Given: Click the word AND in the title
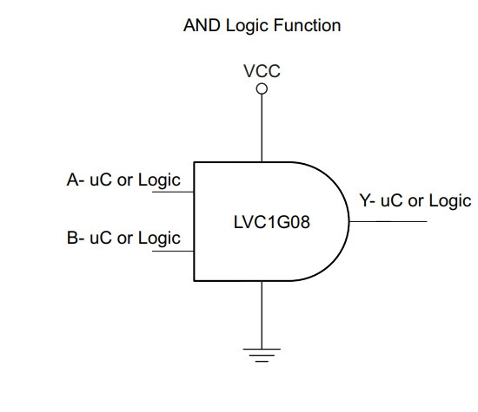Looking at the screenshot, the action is (x=202, y=25).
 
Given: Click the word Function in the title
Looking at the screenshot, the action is (x=307, y=25).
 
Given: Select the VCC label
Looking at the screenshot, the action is (x=262, y=71).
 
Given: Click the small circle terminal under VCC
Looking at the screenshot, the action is (x=262, y=88).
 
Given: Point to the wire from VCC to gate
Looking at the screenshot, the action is (x=262, y=128).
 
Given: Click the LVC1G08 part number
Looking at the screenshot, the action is (x=272, y=222).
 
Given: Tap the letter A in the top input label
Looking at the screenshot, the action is (x=73, y=180).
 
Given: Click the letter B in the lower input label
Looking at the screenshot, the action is (x=72, y=238).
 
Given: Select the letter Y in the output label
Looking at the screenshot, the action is (x=365, y=200).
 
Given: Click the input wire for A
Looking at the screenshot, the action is (x=173, y=192).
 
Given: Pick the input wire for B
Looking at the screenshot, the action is (x=173, y=251).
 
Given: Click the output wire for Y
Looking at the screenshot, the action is (x=388, y=221).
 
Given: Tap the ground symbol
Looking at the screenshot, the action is (x=262, y=355).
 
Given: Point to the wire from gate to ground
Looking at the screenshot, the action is (x=262, y=315).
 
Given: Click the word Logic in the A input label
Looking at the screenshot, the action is (x=159, y=181).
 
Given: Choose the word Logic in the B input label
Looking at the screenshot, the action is (x=159, y=239).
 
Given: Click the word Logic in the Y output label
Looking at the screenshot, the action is (x=450, y=202).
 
